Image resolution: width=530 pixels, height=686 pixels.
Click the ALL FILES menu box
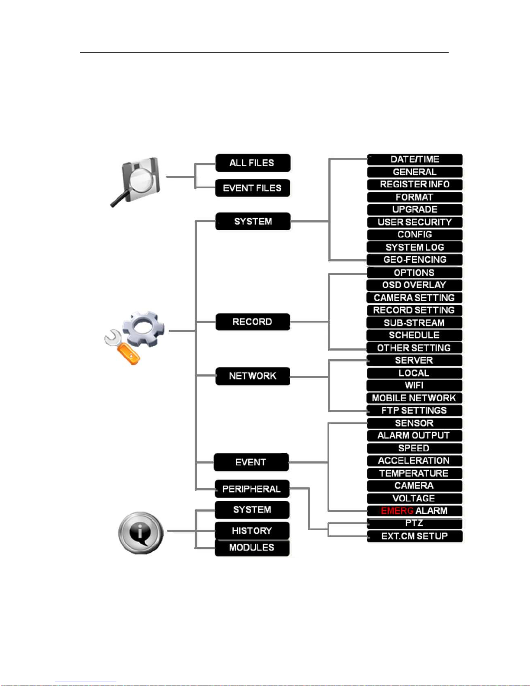(253, 163)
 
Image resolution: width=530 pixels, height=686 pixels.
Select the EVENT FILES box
(252, 188)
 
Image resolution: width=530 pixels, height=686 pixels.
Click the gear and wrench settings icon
(135, 338)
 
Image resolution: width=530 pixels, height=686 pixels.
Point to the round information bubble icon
(141, 533)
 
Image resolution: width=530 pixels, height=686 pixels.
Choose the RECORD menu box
(252, 322)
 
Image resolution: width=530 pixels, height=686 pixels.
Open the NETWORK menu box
(252, 376)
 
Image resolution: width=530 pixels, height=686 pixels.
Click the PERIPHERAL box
(252, 489)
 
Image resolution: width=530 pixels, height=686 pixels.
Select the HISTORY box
(252, 531)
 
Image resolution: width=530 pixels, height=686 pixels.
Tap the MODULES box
(252, 548)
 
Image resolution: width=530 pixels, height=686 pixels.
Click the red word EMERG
(397, 511)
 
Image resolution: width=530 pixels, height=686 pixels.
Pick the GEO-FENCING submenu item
(414, 260)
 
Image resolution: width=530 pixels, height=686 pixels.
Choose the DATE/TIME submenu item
(414, 159)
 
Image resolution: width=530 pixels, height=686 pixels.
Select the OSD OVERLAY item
(414, 285)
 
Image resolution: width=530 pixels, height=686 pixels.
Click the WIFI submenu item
(414, 386)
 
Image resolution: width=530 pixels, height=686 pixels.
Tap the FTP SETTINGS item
(414, 410)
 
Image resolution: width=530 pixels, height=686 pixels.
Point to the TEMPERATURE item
(414, 473)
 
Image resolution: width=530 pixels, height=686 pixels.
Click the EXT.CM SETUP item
(414, 536)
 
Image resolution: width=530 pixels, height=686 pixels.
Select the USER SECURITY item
(414, 222)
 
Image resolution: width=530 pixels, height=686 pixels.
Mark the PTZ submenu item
(414, 523)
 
